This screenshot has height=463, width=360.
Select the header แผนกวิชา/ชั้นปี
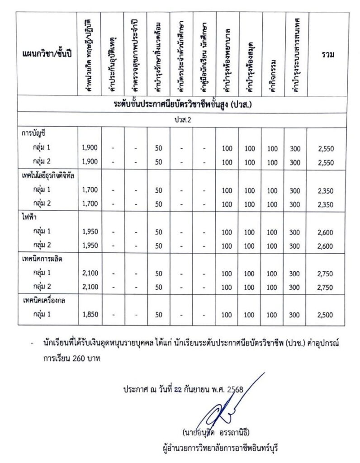47,55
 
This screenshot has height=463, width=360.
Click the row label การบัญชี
34,134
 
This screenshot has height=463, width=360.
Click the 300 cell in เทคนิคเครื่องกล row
295,315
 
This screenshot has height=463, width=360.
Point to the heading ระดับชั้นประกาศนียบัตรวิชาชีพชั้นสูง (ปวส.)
183,104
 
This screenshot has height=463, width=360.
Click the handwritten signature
222,409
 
